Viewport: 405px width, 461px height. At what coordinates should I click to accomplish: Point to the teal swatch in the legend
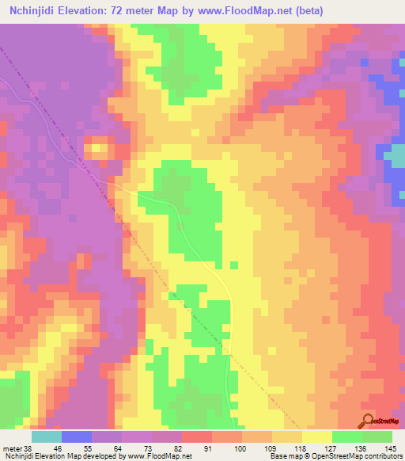click(47, 436)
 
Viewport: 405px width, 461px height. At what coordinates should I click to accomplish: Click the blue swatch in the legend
click(77, 436)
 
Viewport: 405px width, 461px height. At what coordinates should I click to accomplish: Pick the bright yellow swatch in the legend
click(317, 436)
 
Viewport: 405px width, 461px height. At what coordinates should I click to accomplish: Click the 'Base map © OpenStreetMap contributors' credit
click(345, 456)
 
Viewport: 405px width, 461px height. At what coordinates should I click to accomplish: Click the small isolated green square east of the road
click(233, 265)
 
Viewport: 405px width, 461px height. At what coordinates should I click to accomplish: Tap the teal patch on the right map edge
click(396, 158)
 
